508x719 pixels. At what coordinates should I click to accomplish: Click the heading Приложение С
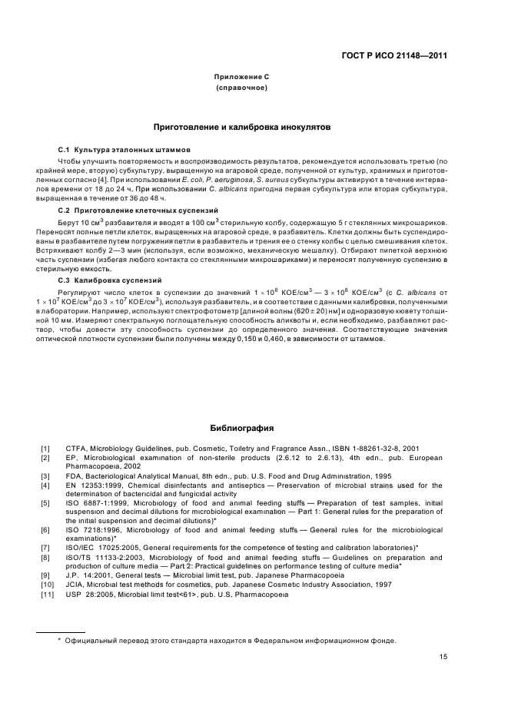241,78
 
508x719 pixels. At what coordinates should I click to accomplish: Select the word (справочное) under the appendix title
241,88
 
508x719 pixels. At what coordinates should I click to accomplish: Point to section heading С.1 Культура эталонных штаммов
125,148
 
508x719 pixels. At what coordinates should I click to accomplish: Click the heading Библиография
241,428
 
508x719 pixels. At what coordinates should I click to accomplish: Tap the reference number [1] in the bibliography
45,448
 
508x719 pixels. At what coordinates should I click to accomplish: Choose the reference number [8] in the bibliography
45,557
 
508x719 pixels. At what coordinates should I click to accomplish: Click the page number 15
443,656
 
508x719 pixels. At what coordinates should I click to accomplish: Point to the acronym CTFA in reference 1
76,448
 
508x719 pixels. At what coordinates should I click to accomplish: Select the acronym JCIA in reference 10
75,585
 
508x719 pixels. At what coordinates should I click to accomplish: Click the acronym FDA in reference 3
74,476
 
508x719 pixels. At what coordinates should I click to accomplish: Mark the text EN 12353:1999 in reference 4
94,485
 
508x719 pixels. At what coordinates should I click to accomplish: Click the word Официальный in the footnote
91,641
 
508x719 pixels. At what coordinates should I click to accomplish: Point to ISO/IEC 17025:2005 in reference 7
100,548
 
